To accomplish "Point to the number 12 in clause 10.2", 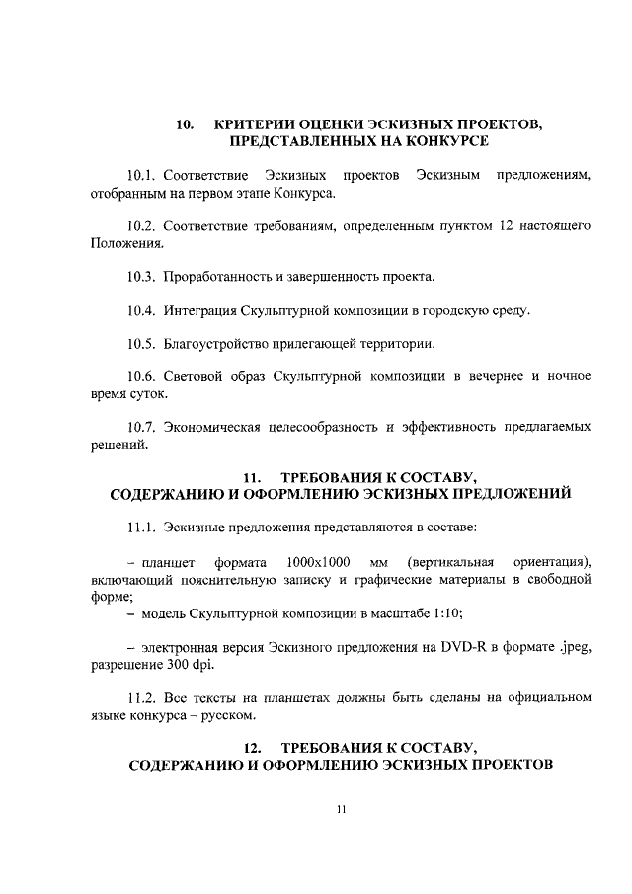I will click(x=505, y=226).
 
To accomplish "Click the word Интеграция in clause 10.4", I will click(x=199, y=311).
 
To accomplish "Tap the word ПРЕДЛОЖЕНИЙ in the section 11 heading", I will click(x=500, y=493).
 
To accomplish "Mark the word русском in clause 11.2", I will click(x=228, y=714).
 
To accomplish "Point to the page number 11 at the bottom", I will click(x=341, y=810).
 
